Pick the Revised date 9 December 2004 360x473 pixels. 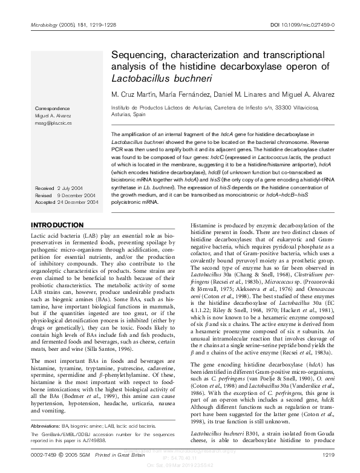click(64, 178)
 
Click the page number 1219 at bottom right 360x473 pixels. click(329, 454)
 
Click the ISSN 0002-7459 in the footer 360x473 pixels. click(46, 454)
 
